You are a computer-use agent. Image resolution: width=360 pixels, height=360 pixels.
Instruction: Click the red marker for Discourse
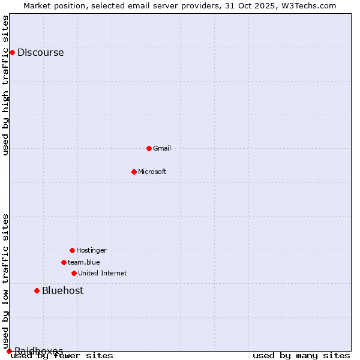point(12,52)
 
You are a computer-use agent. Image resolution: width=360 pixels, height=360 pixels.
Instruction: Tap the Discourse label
point(40,52)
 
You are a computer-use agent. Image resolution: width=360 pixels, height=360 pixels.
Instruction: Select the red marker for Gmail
point(149,148)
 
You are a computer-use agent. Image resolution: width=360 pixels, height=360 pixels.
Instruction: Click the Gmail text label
point(162,148)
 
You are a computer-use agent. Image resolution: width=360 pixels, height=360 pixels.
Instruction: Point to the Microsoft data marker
point(134,172)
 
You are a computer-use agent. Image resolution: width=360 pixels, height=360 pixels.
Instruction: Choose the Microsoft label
point(152,172)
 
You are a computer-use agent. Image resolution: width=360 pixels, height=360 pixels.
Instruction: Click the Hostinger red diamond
point(72,250)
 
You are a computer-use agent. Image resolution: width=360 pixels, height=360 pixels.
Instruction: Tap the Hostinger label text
point(91,250)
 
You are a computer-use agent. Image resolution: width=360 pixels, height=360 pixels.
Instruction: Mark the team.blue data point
point(64,262)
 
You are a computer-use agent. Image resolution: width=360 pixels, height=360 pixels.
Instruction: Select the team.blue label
point(84,262)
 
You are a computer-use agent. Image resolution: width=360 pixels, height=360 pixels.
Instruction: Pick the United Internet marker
point(74,273)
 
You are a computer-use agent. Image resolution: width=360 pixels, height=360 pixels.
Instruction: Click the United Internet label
point(103,273)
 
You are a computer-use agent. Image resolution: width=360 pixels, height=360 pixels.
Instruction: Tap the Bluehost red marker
point(37,290)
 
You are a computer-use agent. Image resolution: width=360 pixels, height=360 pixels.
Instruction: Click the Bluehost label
point(62,290)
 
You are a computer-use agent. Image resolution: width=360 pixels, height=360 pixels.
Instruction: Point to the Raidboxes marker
point(9,351)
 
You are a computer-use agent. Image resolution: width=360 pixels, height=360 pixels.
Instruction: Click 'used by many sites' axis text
point(301,356)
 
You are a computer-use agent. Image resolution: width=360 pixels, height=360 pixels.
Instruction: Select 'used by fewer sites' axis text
point(62,356)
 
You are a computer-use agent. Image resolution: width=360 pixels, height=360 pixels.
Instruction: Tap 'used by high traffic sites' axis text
point(5,85)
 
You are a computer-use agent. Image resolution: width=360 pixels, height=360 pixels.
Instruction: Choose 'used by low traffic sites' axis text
point(5,281)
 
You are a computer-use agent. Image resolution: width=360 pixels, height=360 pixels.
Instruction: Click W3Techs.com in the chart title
point(307,5)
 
